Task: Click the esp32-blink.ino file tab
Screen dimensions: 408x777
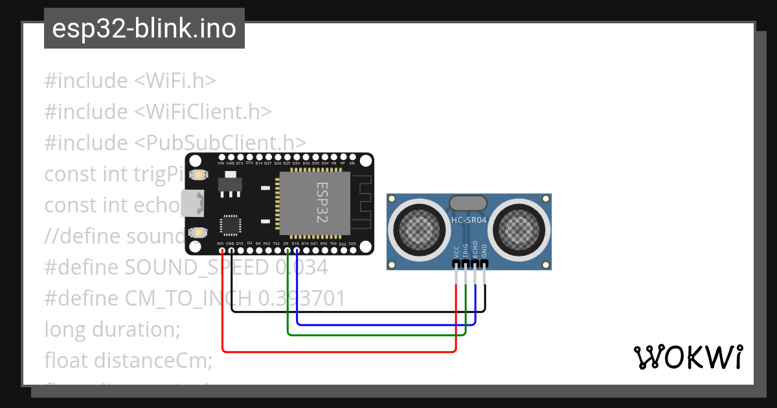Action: [144, 29]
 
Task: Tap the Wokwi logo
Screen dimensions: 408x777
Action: [688, 357]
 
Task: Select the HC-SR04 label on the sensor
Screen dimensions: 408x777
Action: [468, 220]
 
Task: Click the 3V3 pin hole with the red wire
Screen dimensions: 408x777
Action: [222, 250]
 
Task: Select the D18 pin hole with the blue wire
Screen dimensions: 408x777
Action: [296, 250]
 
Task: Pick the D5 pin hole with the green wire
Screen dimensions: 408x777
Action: [287, 250]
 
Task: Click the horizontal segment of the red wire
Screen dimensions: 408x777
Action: [337, 352]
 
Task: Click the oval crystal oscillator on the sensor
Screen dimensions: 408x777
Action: [467, 202]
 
